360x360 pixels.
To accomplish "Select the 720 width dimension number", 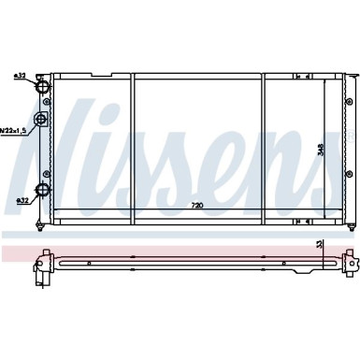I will click(197, 204).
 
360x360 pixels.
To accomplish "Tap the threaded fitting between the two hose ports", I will click(40, 120).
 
